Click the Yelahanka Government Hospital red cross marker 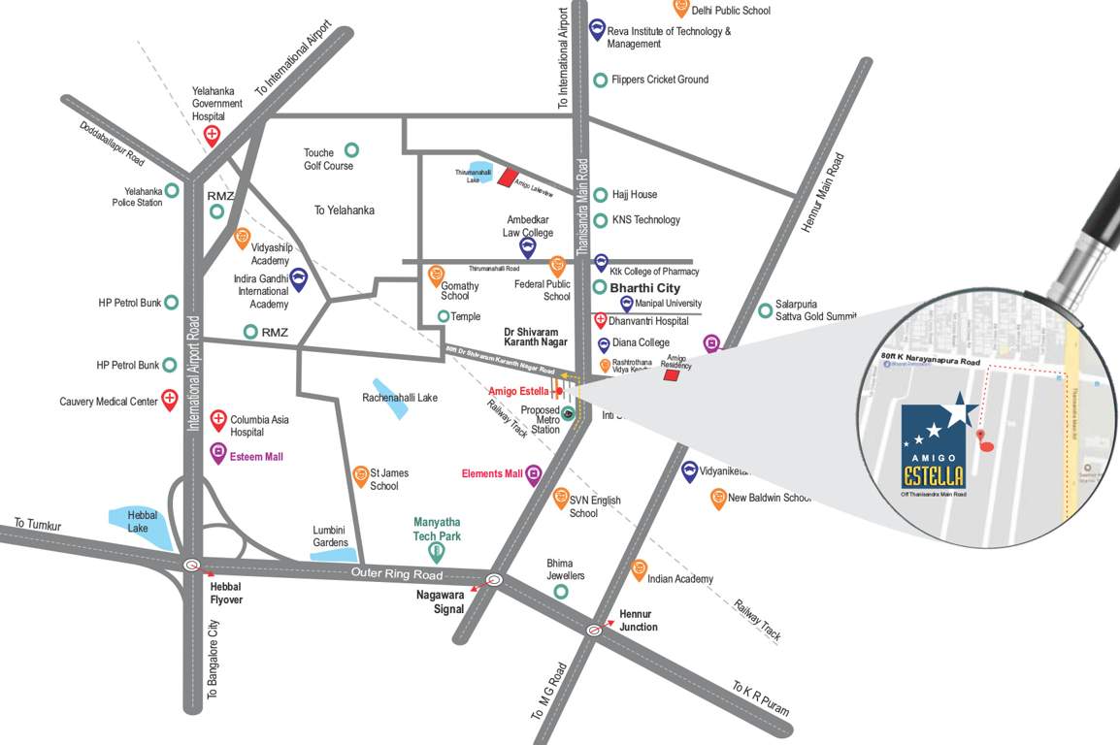coord(212,134)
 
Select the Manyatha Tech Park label coord(437,529)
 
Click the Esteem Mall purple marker coord(218,451)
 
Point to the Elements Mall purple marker coord(533,474)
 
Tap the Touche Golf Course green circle coord(351,150)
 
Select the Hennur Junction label coord(638,620)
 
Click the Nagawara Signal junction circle coord(494,581)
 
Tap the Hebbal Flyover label coord(226,593)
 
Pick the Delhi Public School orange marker coord(681,7)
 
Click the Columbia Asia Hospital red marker coord(218,418)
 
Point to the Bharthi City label coord(644,288)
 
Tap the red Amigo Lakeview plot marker coord(508,177)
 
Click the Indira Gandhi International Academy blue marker coord(300,279)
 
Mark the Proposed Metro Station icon coord(569,413)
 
